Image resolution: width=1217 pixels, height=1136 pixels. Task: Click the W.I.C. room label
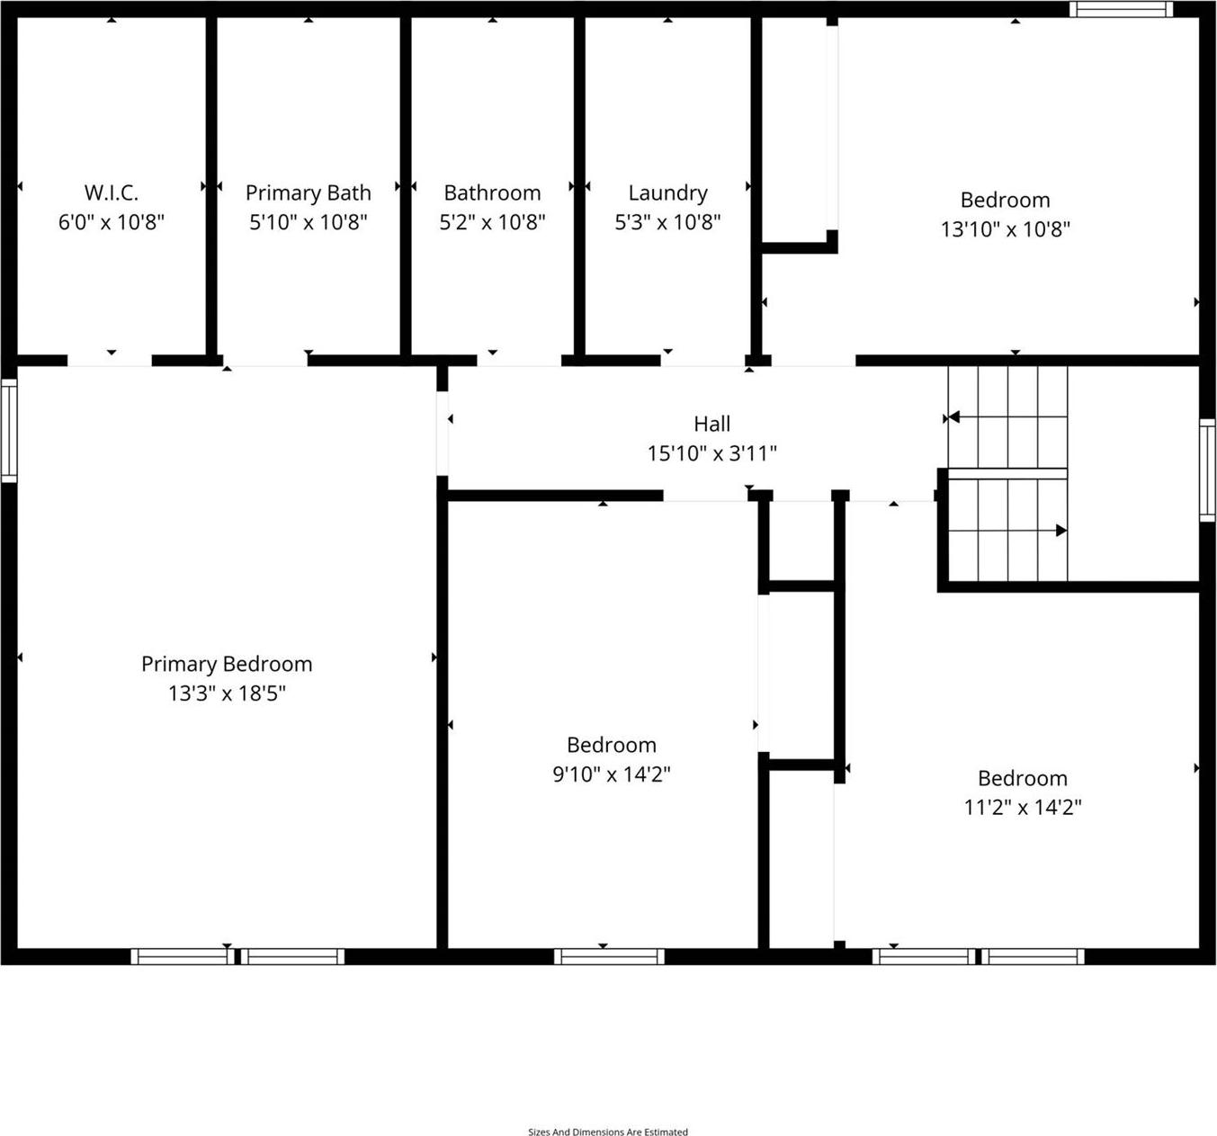point(112,192)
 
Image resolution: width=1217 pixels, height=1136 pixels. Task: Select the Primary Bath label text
point(308,192)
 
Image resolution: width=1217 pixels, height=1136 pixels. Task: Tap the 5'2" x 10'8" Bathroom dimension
point(492,222)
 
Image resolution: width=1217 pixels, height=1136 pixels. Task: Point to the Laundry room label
point(667,192)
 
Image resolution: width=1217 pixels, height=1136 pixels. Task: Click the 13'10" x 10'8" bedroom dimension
point(1005,229)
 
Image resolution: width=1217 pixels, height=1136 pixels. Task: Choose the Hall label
point(711,424)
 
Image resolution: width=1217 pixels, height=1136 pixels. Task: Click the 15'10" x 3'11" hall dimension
point(711,453)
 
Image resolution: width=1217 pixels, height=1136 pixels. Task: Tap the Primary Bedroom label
point(227,664)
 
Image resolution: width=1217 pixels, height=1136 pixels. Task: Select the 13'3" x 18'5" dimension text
point(227,693)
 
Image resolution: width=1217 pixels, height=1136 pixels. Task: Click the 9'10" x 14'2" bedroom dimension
point(611,774)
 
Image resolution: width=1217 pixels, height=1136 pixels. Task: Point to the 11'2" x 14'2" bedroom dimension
point(1022,808)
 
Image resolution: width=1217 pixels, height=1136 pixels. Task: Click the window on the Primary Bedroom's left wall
point(8,430)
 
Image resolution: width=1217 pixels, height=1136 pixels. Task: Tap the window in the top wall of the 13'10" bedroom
point(1121,9)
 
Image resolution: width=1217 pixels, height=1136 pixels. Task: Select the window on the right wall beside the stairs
point(1207,470)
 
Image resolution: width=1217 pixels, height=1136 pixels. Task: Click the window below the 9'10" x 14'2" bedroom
point(609,956)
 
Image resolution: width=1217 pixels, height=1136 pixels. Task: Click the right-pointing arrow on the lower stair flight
point(1060,531)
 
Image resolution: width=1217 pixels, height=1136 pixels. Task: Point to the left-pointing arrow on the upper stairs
point(953,417)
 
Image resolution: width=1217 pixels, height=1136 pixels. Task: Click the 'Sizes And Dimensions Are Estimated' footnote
point(608,1132)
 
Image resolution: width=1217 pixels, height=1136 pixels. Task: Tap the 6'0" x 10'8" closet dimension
point(112,222)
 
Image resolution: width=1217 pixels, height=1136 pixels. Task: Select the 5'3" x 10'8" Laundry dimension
point(667,222)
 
